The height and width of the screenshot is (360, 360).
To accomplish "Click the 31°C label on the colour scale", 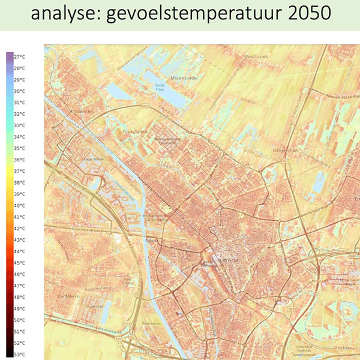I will coord(20,102).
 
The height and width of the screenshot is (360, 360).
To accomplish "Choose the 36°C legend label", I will coord(20,160).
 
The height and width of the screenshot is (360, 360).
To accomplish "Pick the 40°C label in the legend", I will coord(20,205).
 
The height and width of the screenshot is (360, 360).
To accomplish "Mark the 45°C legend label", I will coord(20,262).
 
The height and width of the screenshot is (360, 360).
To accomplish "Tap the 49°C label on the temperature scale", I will coord(20,308).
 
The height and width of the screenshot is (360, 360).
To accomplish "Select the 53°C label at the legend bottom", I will coord(20,354).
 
